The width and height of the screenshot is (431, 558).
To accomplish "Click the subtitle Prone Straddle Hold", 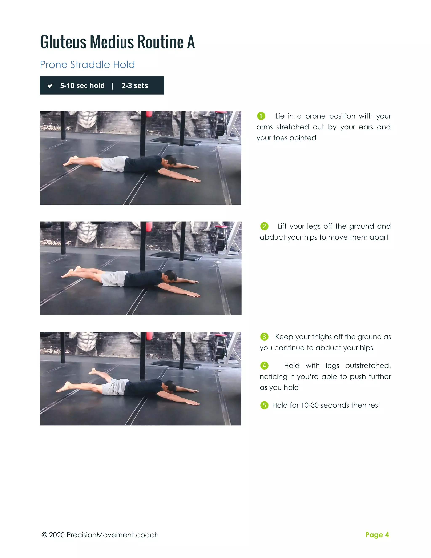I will click(87, 65).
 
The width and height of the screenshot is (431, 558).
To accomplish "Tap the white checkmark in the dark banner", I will click(50, 85).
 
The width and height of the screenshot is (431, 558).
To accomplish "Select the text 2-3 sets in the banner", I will click(134, 85).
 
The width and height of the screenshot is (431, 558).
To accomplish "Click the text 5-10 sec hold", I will click(82, 85).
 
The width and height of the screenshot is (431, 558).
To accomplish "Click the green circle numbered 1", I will click(261, 116).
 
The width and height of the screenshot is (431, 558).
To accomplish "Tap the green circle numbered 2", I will click(264, 226).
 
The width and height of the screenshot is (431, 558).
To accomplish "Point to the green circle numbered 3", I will click(264, 337).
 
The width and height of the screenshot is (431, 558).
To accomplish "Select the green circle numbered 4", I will click(264, 366).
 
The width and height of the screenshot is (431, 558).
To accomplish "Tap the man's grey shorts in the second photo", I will click(114, 279).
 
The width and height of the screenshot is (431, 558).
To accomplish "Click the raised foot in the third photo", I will click(93, 371).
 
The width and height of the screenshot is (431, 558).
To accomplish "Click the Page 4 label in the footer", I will click(377, 535).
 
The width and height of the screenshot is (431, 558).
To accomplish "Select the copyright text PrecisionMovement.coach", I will click(112, 535).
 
